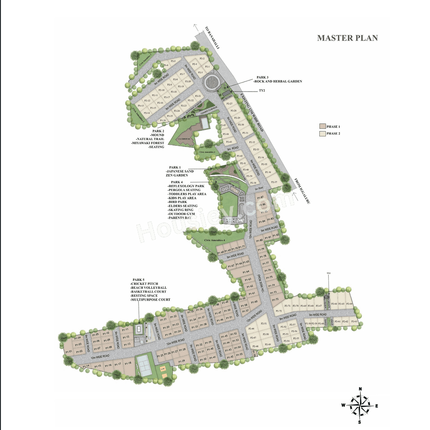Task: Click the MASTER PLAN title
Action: tap(347, 38)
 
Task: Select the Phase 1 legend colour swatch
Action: tap(322, 126)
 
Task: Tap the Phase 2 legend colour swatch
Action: tap(322, 134)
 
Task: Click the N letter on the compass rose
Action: tap(360, 389)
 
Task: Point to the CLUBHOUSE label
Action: tap(184, 139)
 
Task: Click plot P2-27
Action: tap(229, 104)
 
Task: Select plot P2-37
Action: tap(274, 182)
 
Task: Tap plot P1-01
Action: tap(69, 352)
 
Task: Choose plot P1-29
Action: tap(181, 361)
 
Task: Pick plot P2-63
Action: tap(354, 321)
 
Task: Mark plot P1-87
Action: tap(260, 198)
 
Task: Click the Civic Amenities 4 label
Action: tap(214, 240)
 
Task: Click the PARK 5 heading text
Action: tap(138, 279)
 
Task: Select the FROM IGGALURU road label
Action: tap(302, 190)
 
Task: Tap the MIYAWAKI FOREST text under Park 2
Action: tap(148, 143)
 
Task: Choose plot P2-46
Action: tap(251, 329)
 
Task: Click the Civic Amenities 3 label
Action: tap(207, 152)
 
